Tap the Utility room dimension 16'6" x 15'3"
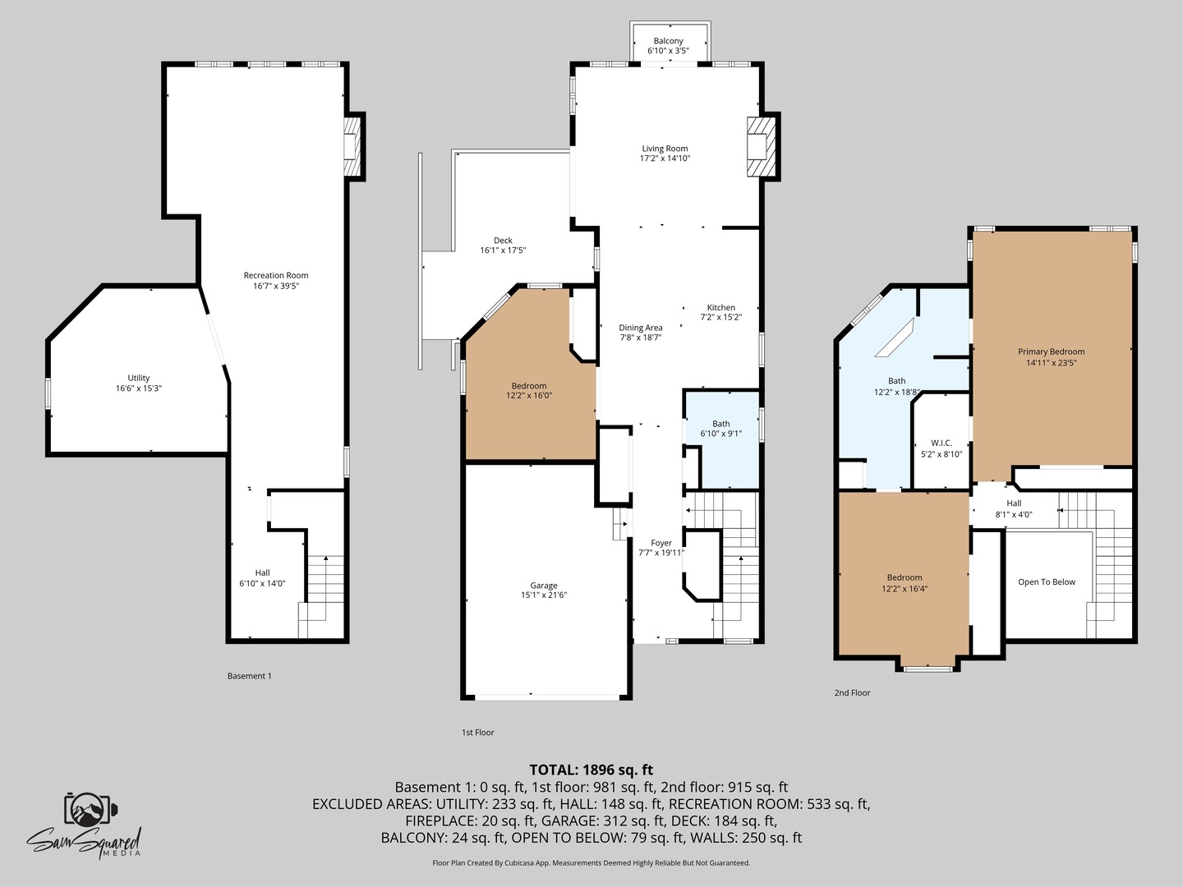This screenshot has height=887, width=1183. coord(138,388)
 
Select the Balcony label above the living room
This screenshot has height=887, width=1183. coord(668,41)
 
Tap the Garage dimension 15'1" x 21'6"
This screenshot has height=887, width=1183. coord(543,595)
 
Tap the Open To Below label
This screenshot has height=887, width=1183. coord(1046,582)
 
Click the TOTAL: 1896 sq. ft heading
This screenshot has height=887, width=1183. coord(591,770)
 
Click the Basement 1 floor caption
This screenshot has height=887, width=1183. coord(249,676)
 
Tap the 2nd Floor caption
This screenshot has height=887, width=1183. coord(852,693)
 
